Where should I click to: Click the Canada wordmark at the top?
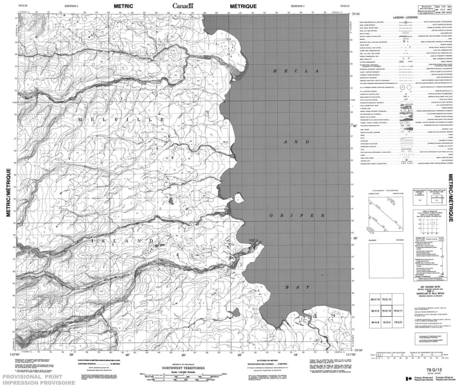[x=183, y=6]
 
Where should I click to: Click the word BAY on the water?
[x=295, y=287]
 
